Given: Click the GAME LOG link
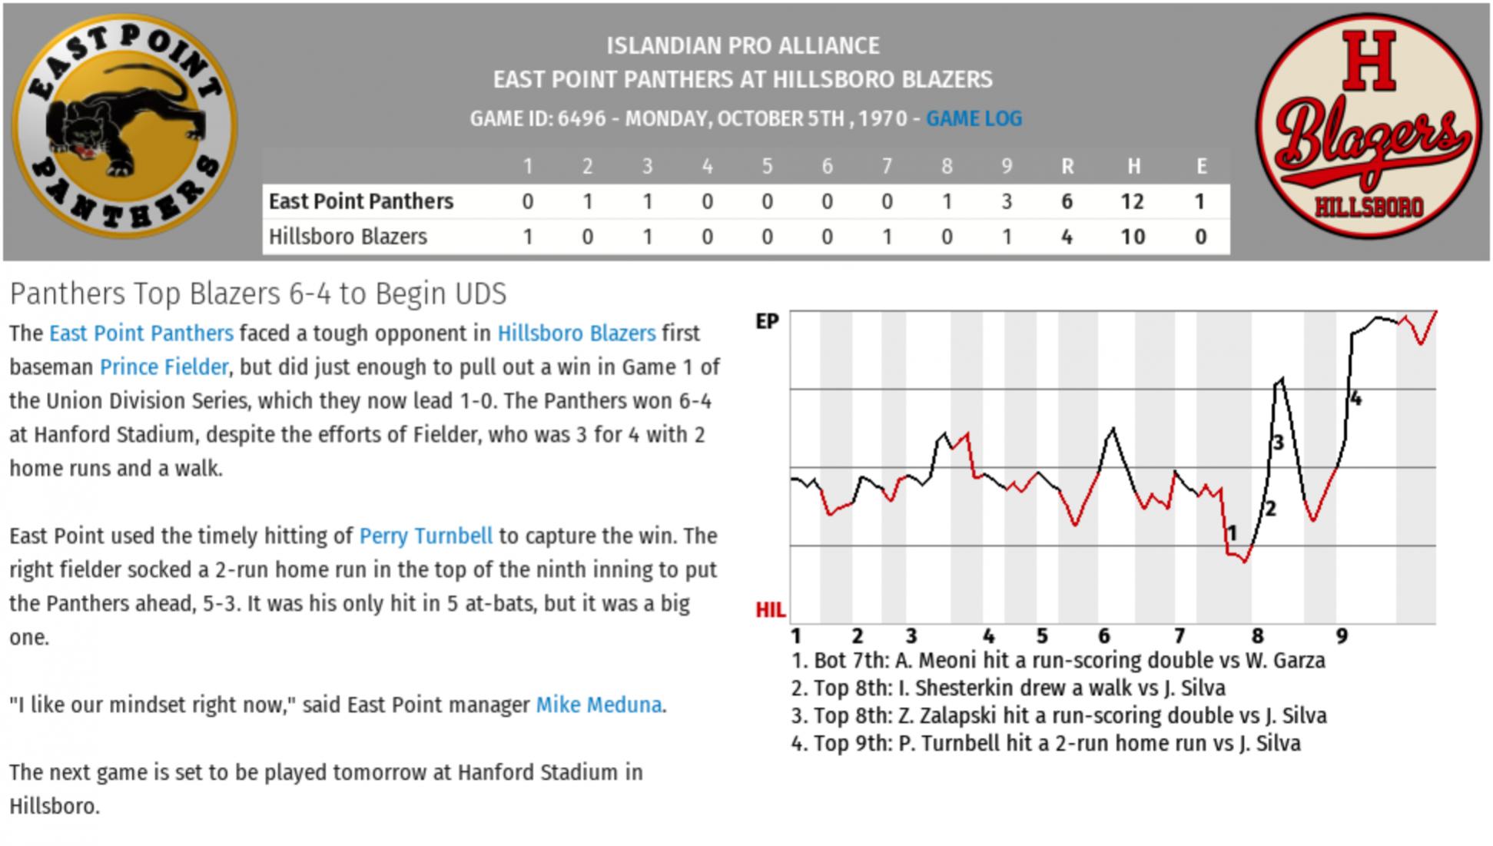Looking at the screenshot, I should (x=974, y=119).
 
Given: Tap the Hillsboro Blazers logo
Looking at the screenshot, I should (x=1369, y=124).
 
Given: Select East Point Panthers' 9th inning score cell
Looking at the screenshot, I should (x=1006, y=202).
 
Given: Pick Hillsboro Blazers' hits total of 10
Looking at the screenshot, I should (x=1133, y=237).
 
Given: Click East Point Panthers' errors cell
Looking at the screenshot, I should (x=1201, y=202).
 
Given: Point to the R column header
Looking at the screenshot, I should (x=1067, y=167).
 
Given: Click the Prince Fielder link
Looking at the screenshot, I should (x=164, y=367).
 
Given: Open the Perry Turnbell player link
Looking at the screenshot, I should (x=426, y=536).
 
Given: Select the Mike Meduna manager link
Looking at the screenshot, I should (x=599, y=705).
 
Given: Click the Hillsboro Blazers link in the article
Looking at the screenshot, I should (x=576, y=333).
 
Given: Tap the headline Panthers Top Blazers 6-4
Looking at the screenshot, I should (x=258, y=294).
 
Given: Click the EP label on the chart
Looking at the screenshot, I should (x=767, y=322).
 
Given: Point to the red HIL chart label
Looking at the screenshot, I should (x=770, y=611).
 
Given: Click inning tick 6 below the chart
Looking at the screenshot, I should (x=1103, y=636).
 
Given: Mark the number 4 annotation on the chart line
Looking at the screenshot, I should (x=1355, y=399).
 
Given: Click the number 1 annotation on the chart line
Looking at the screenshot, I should (x=1233, y=532).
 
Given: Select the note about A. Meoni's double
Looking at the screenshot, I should (x=1058, y=661).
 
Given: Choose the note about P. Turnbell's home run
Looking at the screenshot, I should (x=1046, y=744).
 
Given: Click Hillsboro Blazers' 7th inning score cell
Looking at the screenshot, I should (x=886, y=237).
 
